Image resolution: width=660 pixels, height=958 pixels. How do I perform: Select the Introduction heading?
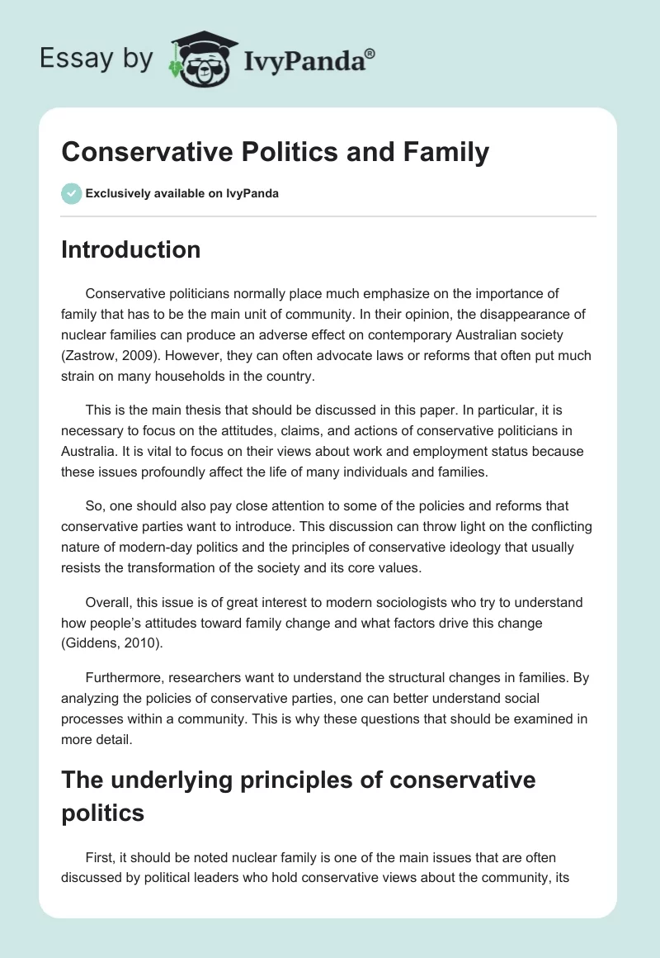[x=130, y=249]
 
